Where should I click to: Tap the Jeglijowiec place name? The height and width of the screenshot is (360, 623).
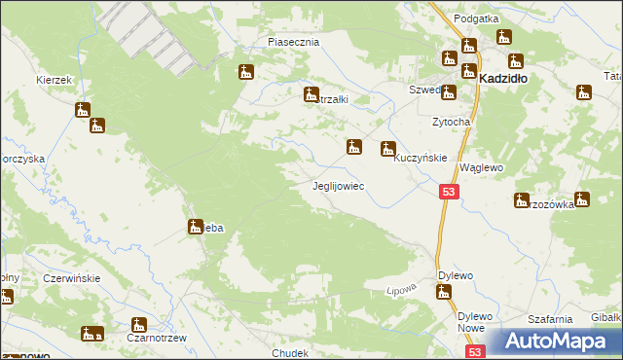click(338, 185)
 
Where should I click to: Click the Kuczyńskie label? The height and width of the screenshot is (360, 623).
click(421, 157)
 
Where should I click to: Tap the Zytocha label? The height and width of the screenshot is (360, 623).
click(452, 123)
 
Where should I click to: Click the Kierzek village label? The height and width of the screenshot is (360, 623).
click(55, 80)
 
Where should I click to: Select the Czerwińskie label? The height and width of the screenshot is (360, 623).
click(72, 278)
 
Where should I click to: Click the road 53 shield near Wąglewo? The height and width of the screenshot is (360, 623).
click(449, 193)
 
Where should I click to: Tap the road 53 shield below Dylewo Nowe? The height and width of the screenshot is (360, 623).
click(475, 353)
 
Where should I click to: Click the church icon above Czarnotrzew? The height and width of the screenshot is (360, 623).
click(139, 324)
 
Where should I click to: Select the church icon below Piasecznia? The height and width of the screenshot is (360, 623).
click(246, 72)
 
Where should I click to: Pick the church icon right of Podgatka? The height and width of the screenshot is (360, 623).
click(503, 38)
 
